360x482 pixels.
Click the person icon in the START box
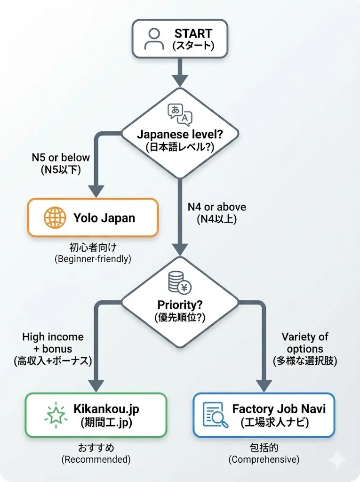[x=154, y=39]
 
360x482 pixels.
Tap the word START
[x=193, y=34]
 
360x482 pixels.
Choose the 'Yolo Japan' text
[x=104, y=218]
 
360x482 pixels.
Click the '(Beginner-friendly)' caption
[x=92, y=258]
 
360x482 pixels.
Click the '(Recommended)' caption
[x=96, y=459]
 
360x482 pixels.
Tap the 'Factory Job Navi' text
[x=279, y=408]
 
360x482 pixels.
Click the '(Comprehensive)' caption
[x=264, y=459]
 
